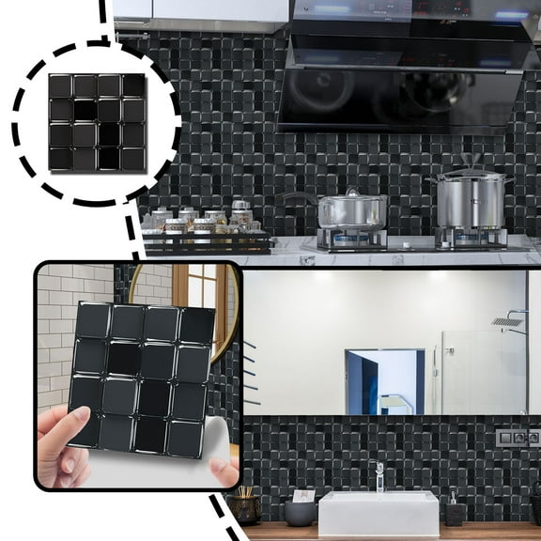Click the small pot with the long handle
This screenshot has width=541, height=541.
[x=350, y=211]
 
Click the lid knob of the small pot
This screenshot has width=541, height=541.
[x=352, y=192]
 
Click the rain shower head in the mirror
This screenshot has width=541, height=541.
[x=508, y=321]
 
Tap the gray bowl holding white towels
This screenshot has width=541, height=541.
[x=300, y=510]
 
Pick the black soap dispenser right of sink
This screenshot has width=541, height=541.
[x=456, y=510]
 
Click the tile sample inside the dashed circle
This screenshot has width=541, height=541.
[x=97, y=122]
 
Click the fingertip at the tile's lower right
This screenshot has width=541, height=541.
[x=224, y=471]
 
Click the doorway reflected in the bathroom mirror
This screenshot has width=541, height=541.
[x=384, y=381]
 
